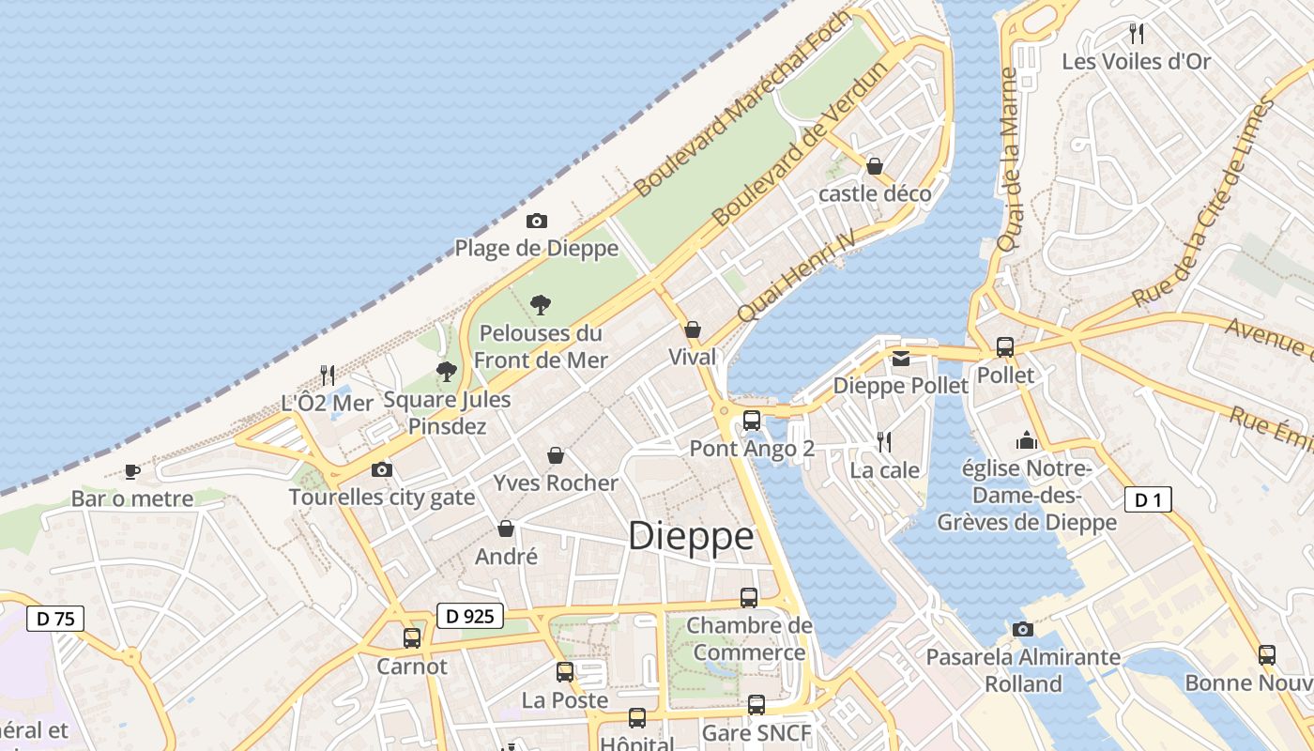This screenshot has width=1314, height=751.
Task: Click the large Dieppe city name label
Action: point(691,537)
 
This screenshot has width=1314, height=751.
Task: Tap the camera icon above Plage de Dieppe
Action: point(537,222)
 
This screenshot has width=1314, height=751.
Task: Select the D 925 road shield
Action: point(470,617)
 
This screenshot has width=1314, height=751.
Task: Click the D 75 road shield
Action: point(55,619)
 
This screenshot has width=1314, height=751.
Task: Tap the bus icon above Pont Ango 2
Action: point(752,421)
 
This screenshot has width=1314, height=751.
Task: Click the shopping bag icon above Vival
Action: point(693,330)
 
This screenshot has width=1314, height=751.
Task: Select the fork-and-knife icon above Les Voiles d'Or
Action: point(1137,34)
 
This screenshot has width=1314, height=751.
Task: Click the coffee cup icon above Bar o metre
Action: point(132,471)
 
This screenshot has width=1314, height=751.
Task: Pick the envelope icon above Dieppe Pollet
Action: point(901,358)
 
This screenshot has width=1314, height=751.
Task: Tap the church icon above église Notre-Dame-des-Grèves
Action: point(1027,440)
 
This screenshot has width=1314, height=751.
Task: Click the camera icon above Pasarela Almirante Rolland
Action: point(1023,629)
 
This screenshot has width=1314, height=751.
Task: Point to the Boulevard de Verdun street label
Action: point(799,145)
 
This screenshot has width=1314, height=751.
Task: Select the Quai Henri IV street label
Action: point(798,275)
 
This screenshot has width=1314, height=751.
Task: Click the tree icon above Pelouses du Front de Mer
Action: point(540,304)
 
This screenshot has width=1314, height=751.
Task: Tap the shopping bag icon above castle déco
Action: point(875,166)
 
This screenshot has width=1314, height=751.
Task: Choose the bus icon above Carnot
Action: point(412,638)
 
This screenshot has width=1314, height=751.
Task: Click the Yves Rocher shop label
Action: point(556,483)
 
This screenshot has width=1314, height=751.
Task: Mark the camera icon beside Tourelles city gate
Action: point(382,469)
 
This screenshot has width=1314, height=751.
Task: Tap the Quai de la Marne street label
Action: point(1009,160)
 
